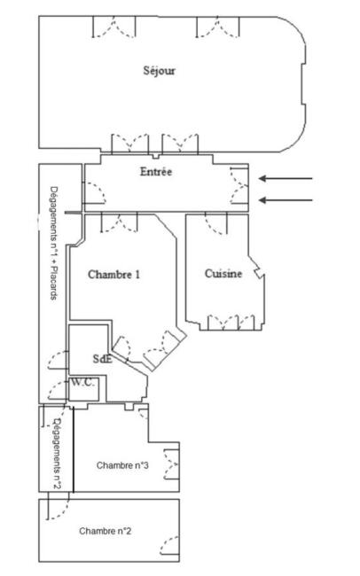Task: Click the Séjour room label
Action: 159,71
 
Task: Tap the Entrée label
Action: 156,172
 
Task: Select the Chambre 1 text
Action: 114,275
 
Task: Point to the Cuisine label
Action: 223,274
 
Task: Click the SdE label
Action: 103,359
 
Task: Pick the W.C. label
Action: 83,382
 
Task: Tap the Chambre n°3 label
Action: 122,465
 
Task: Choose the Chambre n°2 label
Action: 106,531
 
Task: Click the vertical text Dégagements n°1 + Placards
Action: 54,243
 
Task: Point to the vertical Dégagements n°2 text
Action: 57,453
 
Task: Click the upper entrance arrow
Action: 286,178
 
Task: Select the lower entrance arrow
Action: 286,200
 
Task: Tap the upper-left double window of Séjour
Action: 114,27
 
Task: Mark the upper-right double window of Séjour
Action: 218,27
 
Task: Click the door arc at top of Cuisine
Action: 216,223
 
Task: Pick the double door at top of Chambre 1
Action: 119,222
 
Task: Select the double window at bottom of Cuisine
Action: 231,323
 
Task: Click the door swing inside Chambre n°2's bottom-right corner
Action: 169,546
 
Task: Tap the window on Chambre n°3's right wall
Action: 171,463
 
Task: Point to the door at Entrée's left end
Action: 95,193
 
